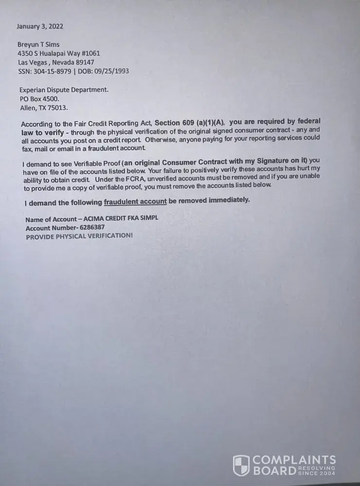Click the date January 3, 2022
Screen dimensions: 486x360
point(40,26)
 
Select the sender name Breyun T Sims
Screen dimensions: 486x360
point(38,44)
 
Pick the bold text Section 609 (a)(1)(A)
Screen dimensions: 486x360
point(190,123)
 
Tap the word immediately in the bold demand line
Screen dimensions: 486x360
point(229,200)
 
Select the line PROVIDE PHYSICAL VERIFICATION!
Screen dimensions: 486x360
point(79,236)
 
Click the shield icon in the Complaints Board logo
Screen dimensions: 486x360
point(241,465)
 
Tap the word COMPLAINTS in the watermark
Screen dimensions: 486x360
point(294,460)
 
